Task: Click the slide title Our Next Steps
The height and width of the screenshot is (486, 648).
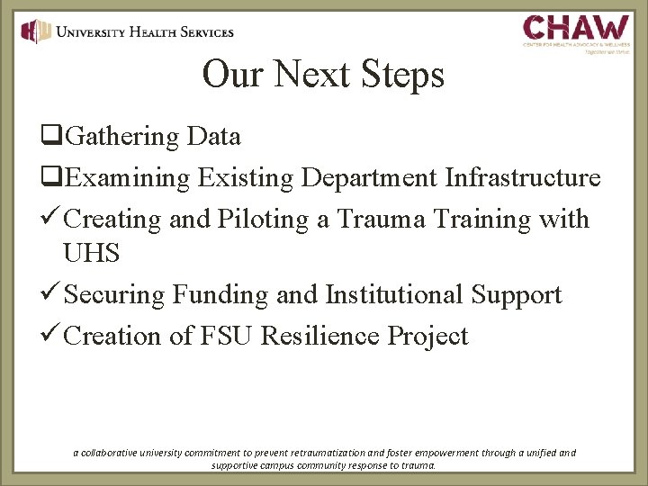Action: [323, 74]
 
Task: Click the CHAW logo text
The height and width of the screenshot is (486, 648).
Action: [577, 27]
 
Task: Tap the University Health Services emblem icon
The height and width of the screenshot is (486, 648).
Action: [35, 31]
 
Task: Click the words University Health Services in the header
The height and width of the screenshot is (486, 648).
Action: [144, 31]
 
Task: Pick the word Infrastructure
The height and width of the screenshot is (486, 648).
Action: [523, 177]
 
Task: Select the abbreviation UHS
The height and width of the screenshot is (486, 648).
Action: [92, 253]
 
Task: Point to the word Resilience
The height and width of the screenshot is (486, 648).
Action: [320, 336]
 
